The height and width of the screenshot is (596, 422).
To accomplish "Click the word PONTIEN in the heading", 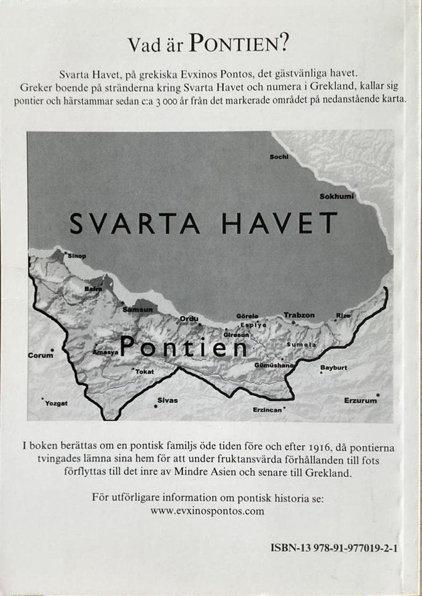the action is tap(237, 43).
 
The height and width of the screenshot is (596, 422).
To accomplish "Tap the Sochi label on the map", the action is tap(279, 157).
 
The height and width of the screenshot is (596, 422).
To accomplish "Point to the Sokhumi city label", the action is tap(336, 197).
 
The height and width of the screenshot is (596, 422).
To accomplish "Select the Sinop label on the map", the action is tap(77, 256).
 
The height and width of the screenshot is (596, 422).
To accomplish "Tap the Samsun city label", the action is tap(137, 309).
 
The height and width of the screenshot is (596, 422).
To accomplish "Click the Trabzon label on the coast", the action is tap(299, 315).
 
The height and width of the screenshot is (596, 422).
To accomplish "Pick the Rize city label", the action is tap(343, 315).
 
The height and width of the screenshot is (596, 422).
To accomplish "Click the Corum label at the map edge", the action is tap(40, 356).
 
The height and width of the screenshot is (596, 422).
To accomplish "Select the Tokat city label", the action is tap(144, 371).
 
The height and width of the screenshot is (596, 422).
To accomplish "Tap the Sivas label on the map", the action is tap(167, 400).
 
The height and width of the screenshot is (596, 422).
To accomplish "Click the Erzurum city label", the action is tap(360, 400).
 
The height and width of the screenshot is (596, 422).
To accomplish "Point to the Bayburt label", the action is tap(333, 368).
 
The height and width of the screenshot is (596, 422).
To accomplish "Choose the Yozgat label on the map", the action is tap(56, 403).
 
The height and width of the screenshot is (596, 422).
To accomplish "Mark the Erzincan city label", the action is tap(267, 410).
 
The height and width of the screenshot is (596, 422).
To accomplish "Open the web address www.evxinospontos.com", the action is tap(207, 512).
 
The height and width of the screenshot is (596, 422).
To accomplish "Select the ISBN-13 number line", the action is tap(334, 548).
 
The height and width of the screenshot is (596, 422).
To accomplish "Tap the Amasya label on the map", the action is tap(105, 351).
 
